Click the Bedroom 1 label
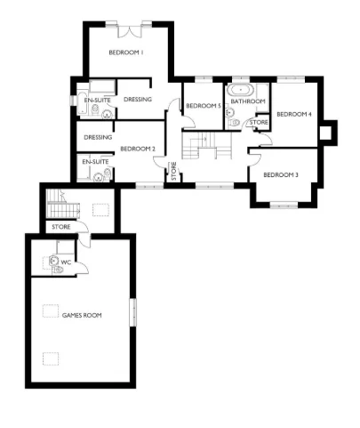pyautogui.click(x=126, y=53)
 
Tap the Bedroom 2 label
pyautogui.click(x=137, y=149)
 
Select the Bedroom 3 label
pyautogui.click(x=280, y=175)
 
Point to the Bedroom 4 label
pyautogui.click(x=293, y=115)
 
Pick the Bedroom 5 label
pyautogui.click(x=203, y=106)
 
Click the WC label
pyautogui.click(x=65, y=262)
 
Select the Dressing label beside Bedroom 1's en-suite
pyautogui.click(x=137, y=99)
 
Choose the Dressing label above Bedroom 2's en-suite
pyautogui.click(x=98, y=138)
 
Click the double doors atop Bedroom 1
pyautogui.click(x=130, y=31)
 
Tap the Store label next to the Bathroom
pyautogui.click(x=258, y=122)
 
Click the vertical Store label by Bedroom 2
pyautogui.click(x=173, y=171)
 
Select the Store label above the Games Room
pyautogui.click(x=60, y=227)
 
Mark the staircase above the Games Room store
pyautogui.click(x=58, y=206)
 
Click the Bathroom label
pyautogui.click(x=248, y=101)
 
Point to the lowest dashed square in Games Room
pyautogui.click(x=52, y=358)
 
